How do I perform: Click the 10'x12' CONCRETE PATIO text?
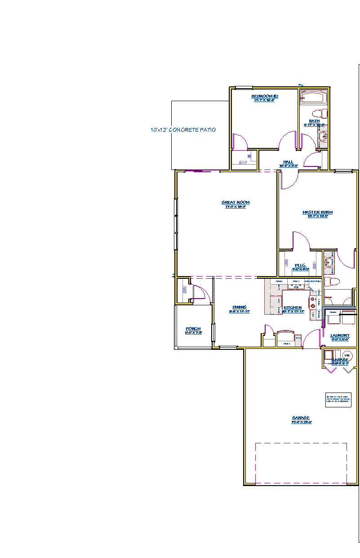click(x=183, y=130)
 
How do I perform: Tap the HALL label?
click(x=288, y=162)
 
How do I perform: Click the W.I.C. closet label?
click(x=300, y=266)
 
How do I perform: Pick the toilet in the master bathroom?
click(x=332, y=282)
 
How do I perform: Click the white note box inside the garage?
click(x=338, y=399)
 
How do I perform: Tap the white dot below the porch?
click(x=176, y=348)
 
